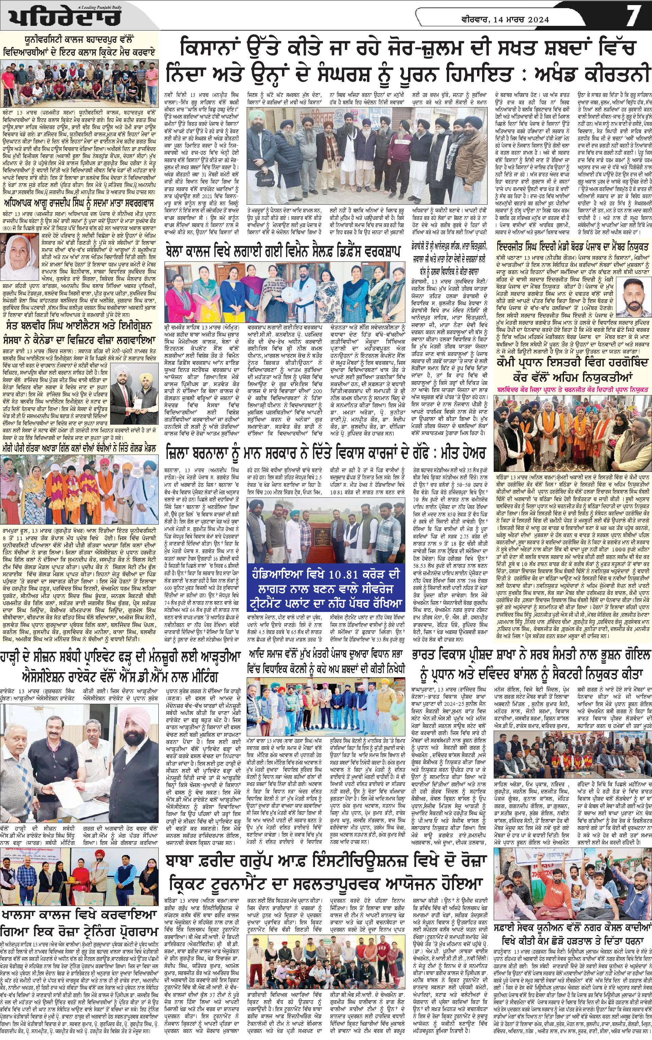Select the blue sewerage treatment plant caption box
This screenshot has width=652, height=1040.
point(325,593)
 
